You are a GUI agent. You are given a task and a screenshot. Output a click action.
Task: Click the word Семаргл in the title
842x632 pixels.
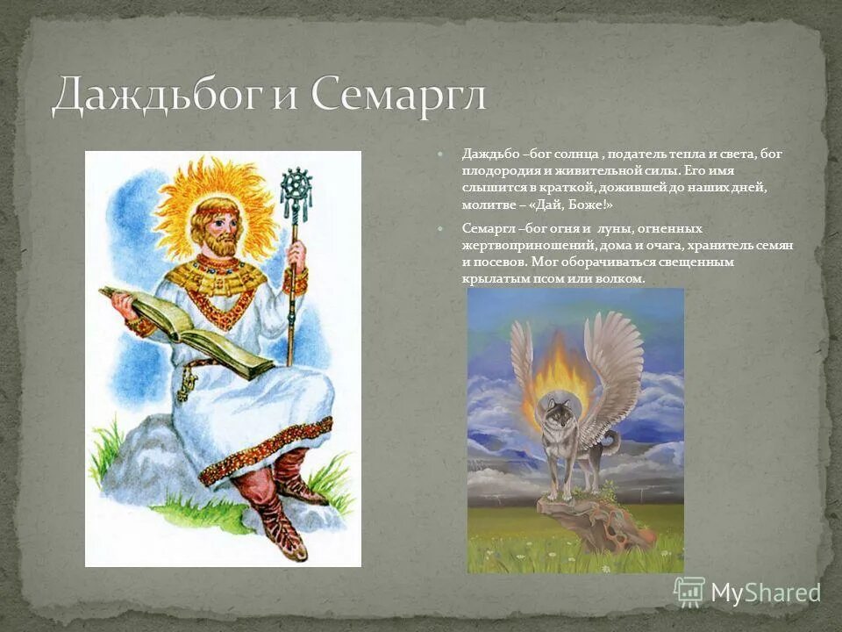click(x=397, y=95)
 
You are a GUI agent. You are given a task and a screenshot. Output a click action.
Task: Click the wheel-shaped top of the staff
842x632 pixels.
click(x=296, y=183)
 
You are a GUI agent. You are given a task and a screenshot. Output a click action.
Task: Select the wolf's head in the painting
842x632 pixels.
click(x=557, y=412)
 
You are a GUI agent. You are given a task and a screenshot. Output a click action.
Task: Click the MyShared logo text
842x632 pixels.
click(x=765, y=592)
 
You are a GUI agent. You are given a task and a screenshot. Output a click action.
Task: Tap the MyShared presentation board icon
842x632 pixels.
click(x=689, y=592)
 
